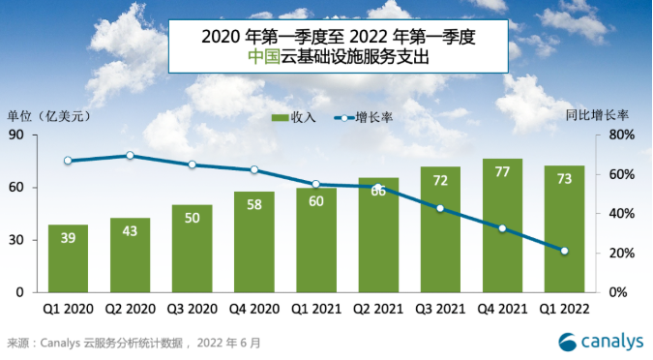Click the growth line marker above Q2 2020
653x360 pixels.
click(x=130, y=155)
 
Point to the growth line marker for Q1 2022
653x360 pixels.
click(x=564, y=252)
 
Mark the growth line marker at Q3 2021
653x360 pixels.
click(x=440, y=208)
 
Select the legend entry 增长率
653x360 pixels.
click(x=370, y=117)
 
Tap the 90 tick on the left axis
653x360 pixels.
click(x=19, y=135)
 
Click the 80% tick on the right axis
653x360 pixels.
click(x=620, y=135)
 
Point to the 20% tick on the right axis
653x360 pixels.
click(x=620, y=253)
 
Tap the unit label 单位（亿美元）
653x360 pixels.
click(x=49, y=116)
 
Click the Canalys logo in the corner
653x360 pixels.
click(x=600, y=341)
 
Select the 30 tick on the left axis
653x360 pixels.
click(x=19, y=240)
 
